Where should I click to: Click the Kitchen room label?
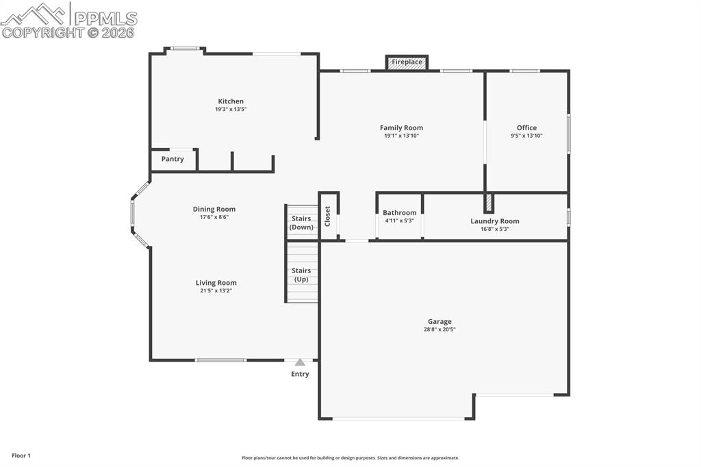tap(231, 101)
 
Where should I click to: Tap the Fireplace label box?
tap(407, 62)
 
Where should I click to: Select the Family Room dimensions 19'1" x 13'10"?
tap(401, 136)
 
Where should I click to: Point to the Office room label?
tap(526, 127)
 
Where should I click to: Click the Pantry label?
tap(173, 159)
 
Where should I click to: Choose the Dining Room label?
tap(214, 209)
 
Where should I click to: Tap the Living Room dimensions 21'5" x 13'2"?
tap(216, 291)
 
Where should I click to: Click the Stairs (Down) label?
tap(301, 223)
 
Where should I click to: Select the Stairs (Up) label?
tap(301, 275)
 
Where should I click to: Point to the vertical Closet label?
tap(327, 216)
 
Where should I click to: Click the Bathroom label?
tap(399, 212)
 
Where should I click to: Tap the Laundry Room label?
tap(494, 220)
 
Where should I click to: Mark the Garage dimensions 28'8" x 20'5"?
tap(439, 329)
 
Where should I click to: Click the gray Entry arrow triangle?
tap(300, 362)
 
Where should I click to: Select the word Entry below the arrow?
tap(300, 374)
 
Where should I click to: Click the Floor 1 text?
tap(21, 455)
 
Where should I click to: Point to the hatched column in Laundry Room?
tap(488, 203)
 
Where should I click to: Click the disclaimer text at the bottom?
tap(350, 458)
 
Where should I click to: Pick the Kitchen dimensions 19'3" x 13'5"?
tap(231, 110)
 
